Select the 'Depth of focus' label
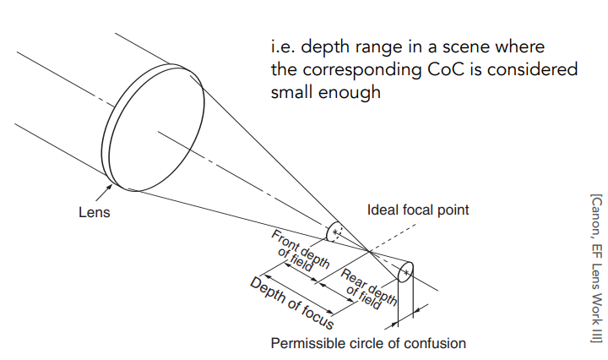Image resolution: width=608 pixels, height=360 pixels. point(291,302)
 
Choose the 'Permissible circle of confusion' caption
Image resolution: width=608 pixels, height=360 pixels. point(367,343)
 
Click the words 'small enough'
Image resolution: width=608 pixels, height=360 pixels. point(325,93)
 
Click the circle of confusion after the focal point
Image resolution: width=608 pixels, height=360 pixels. point(404,272)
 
